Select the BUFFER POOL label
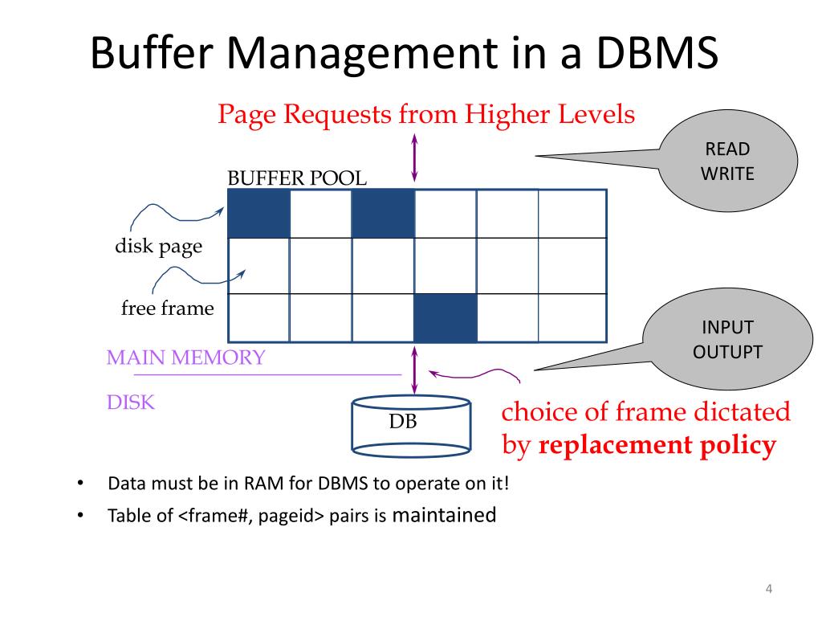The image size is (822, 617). (297, 178)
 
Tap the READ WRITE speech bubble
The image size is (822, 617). (727, 161)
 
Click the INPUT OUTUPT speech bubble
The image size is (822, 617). (727, 340)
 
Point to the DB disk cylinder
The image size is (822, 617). (410, 423)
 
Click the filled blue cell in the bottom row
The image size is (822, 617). (446, 318)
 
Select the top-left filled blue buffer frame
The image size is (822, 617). (258, 214)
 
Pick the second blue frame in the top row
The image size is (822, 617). (383, 214)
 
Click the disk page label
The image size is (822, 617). (158, 247)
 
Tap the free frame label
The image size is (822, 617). (168, 308)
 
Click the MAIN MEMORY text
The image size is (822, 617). (185, 358)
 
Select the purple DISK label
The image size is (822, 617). (130, 402)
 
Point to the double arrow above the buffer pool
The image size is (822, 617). (414, 157)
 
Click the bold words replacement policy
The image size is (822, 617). (657, 444)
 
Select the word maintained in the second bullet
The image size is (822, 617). (444, 516)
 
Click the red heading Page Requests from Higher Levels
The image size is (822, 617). (426, 115)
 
